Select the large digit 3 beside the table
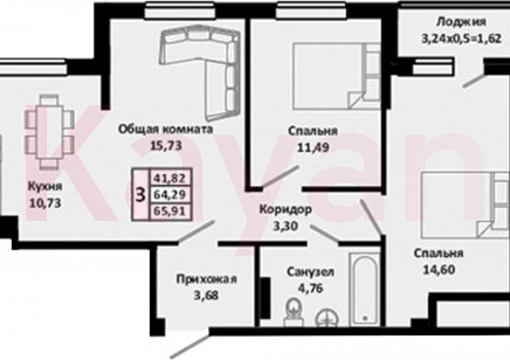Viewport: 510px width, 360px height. (x=140, y=195)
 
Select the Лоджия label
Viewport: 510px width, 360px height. (x=461, y=23)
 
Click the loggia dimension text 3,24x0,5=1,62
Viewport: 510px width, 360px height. (x=459, y=38)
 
